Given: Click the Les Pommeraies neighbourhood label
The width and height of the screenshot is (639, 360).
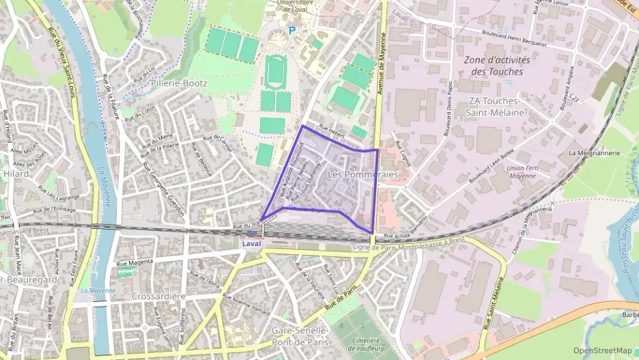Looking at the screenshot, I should point(363,175).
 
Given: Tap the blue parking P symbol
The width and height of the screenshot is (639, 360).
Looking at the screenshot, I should point(293,31).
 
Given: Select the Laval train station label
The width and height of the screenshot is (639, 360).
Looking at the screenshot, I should point(251,243).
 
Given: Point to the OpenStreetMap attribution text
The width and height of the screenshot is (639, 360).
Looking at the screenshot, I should point(603,350).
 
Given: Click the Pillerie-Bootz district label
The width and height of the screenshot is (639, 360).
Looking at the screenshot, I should point(176,83).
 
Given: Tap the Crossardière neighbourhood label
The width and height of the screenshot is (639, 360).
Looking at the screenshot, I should point(159,296).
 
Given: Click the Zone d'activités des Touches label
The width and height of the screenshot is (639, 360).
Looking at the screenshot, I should point(497,66).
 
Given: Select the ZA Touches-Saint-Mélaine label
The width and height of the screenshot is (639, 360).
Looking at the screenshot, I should point(496,107).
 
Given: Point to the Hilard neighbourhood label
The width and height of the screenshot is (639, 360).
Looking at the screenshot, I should point(15,174).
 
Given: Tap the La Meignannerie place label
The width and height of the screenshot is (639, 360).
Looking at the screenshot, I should point(593,153).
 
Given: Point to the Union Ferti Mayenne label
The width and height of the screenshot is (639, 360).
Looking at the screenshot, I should point(522,171).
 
